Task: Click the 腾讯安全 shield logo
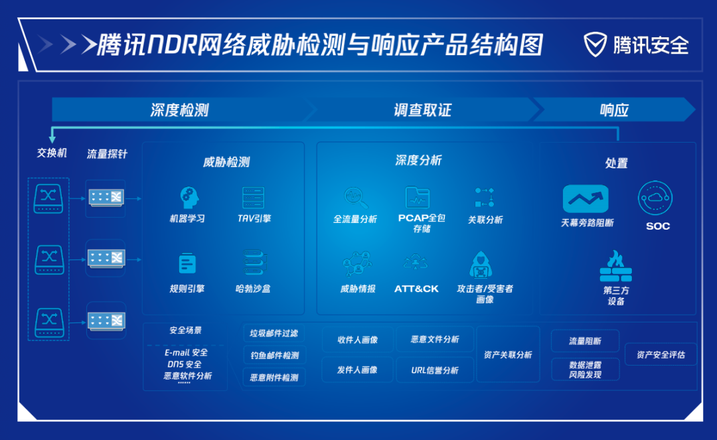[595, 44]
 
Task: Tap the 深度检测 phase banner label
[179, 110]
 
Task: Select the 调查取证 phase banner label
[422, 110]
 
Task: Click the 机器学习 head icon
[189, 198]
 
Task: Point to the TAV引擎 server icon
[254, 198]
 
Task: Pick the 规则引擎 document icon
[187, 263]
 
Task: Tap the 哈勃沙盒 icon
[254, 262]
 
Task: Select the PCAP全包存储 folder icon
[418, 197]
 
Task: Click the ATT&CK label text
[416, 289]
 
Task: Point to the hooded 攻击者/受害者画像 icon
[481, 265]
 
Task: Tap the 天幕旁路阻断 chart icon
[586, 198]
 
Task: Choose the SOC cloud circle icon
[655, 198]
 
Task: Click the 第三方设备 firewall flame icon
[615, 266]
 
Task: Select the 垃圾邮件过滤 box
[274, 333]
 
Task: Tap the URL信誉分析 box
[434, 370]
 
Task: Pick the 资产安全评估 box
[661, 354]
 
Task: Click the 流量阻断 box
[586, 341]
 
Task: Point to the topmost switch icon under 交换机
[48, 198]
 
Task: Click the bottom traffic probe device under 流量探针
[106, 321]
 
